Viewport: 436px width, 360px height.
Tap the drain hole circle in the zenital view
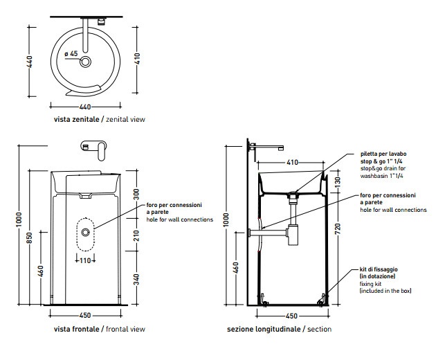tap(85, 62)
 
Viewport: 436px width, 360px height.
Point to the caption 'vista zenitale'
tap(76, 120)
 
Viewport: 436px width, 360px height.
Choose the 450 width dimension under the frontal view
tap(85, 315)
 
